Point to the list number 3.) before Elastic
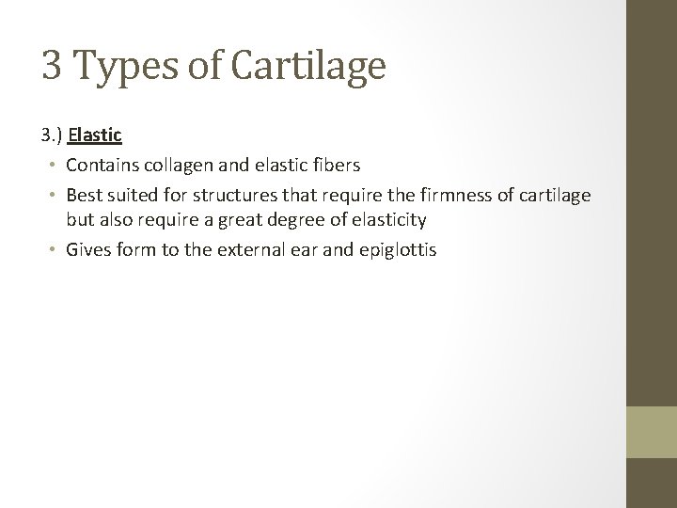(54, 135)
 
